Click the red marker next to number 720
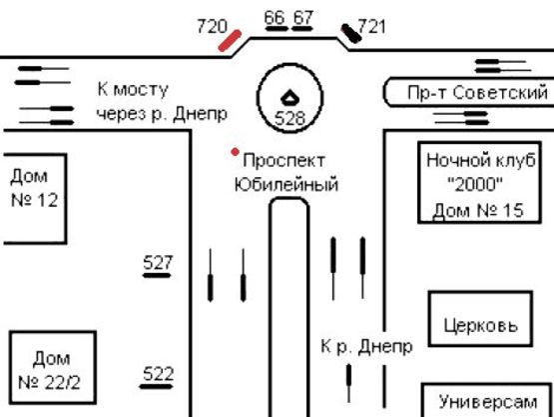click(x=231, y=39)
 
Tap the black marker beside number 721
click(x=351, y=35)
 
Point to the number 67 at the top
click(x=303, y=17)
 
